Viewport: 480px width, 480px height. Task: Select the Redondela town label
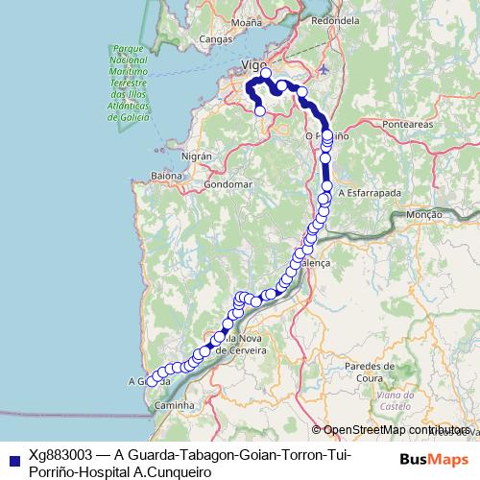[335, 20]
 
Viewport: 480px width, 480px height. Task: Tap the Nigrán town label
[195, 154]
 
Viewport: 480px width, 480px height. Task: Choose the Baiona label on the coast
[165, 176]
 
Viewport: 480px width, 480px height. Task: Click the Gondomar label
[228, 183]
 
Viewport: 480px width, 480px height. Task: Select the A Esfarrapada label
[370, 192]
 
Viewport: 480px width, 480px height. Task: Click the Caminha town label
[174, 406]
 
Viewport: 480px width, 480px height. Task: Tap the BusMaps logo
[434, 460]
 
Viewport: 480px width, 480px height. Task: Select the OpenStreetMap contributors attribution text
[396, 430]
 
